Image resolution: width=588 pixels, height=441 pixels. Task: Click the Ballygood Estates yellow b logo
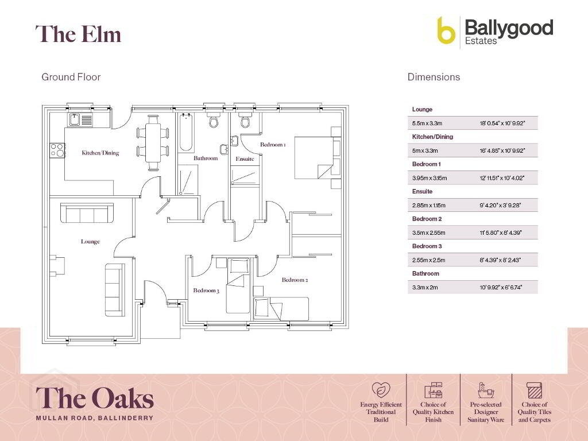(446, 31)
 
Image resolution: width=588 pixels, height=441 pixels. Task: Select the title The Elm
(78, 34)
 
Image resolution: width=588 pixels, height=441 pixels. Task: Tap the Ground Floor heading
(71, 77)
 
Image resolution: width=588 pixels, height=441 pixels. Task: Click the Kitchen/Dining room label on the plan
(100, 153)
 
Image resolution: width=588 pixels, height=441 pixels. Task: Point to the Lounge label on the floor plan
(90, 242)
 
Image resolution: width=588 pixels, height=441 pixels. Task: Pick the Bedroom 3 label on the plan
(206, 290)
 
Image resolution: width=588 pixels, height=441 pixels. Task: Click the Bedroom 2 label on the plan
(295, 280)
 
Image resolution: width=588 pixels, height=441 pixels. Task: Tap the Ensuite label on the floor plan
(245, 158)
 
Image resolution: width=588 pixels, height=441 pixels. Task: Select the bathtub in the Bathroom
(186, 132)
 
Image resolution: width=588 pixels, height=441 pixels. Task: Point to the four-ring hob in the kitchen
(57, 150)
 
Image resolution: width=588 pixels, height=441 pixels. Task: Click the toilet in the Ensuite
(245, 120)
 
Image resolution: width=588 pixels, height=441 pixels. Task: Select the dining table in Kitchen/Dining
(153, 142)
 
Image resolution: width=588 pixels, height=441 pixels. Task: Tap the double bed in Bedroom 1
(314, 157)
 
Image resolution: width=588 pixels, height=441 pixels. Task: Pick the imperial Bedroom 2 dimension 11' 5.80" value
(501, 233)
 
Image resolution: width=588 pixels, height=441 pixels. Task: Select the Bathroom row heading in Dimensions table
(425, 273)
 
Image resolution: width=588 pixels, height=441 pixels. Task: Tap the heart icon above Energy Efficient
(381, 390)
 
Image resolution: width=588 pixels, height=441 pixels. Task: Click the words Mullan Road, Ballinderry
(95, 418)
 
